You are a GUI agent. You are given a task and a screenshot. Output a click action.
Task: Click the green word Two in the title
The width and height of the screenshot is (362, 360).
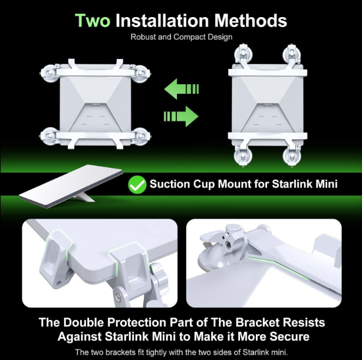pos(92,21)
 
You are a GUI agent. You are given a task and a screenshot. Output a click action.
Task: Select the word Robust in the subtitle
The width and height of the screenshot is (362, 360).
pos(143,37)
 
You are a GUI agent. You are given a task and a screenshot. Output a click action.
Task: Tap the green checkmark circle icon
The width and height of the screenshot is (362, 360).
pos(137,185)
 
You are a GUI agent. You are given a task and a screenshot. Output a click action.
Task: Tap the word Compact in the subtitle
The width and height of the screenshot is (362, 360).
pos(187,37)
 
